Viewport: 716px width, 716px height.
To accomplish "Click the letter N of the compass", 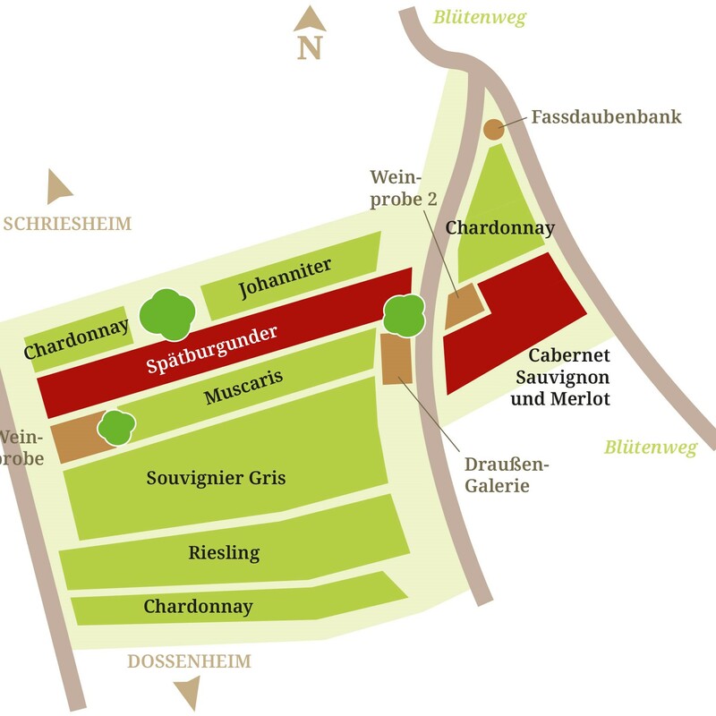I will (x=310, y=47).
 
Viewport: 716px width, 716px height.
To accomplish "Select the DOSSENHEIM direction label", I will (x=189, y=661).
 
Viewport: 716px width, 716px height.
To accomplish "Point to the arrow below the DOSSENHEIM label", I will (x=188, y=692).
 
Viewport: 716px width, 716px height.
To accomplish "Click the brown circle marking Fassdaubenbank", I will (x=493, y=129).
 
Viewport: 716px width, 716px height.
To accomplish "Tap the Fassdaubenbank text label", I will (x=606, y=117).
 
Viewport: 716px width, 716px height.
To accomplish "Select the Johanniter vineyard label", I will (x=286, y=278).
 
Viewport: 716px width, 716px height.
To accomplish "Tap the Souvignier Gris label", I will (x=216, y=478).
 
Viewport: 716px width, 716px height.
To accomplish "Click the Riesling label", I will (x=224, y=552).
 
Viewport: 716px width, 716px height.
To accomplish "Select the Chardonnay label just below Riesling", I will (x=198, y=607).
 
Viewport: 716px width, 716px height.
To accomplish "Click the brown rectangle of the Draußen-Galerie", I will (x=396, y=359).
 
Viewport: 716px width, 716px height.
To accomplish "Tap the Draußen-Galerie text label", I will (x=506, y=475).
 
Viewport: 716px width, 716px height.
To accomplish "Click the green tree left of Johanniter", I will (x=167, y=313).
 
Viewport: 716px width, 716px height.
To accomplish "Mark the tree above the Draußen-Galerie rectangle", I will (x=403, y=315).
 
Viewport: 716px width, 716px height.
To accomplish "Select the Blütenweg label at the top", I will (x=479, y=17).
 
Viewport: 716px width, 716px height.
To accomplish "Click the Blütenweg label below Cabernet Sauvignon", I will (x=650, y=447).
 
